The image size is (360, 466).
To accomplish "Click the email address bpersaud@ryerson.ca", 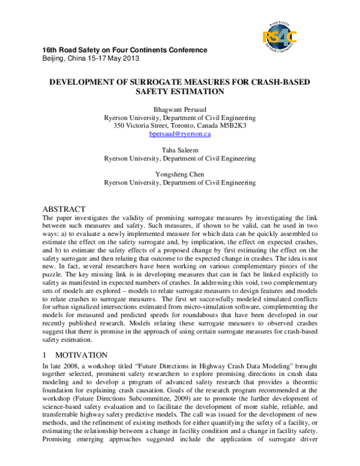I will [180, 134].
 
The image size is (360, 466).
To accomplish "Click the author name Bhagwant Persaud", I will [180, 109].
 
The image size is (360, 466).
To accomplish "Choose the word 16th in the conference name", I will [50, 49].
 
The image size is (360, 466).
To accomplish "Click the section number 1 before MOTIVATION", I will [46, 355].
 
